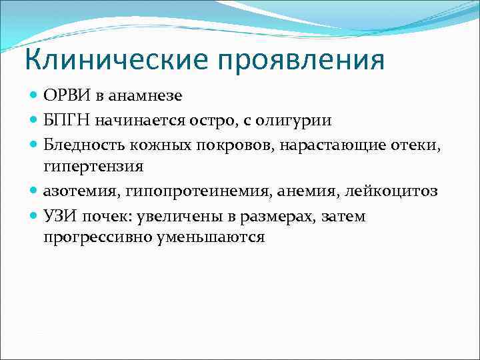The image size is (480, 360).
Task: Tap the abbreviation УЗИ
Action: pos(59,216)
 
